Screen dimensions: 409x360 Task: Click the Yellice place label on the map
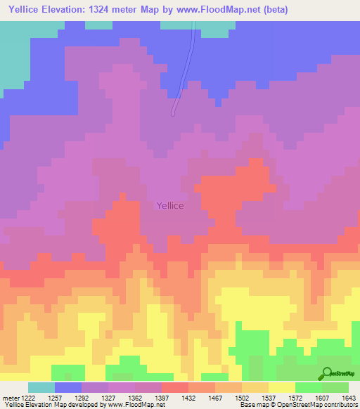[169, 205]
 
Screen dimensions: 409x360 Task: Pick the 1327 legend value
[108, 398]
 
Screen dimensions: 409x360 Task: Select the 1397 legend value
[161, 398]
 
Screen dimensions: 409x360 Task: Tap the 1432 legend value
[188, 398]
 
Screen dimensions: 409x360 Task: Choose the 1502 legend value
[241, 398]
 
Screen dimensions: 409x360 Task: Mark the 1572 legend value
[295, 398]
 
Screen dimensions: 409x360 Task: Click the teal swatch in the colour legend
[41, 387]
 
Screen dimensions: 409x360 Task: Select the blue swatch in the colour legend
[68, 387]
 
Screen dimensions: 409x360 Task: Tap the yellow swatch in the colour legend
[282, 387]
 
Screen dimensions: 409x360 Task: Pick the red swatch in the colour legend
[175, 387]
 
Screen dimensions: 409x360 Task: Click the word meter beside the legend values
[8, 398]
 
